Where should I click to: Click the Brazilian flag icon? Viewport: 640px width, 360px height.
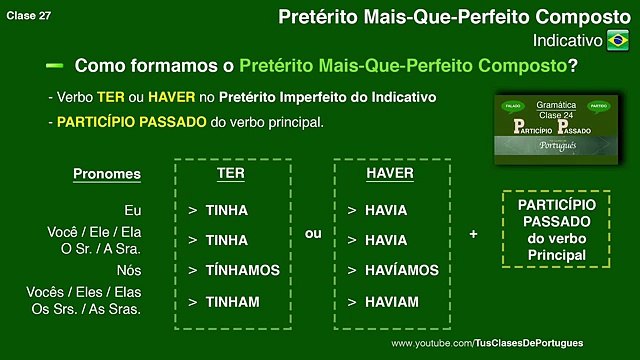point(618,40)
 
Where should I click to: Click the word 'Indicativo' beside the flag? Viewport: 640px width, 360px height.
point(568,40)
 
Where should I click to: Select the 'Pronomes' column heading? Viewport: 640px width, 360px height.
point(107,175)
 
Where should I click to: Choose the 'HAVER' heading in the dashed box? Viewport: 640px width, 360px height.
point(390,174)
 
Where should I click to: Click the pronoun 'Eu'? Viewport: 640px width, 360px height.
point(132,210)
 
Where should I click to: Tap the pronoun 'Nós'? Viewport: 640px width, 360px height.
point(127,270)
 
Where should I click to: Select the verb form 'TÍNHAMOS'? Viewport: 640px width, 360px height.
point(242,270)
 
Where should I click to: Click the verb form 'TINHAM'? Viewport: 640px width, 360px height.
point(232,301)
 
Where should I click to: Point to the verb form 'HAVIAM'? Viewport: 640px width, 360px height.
point(391,301)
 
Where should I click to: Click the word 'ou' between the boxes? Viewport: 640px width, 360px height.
point(312,234)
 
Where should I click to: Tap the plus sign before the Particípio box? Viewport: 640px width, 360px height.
point(473,234)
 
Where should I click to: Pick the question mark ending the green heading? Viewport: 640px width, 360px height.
point(572,67)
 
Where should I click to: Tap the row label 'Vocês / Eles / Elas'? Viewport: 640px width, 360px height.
point(94,292)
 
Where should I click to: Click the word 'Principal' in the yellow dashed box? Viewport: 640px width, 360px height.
point(557,256)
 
